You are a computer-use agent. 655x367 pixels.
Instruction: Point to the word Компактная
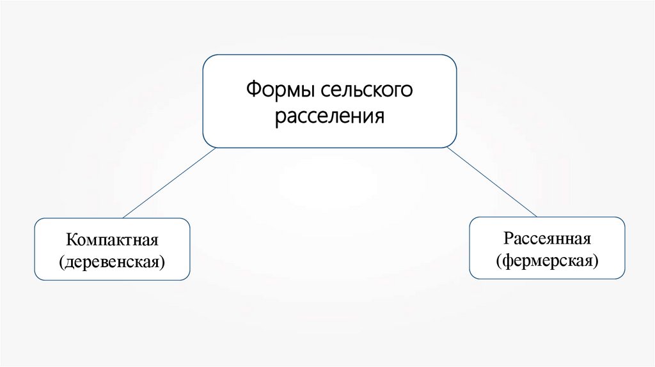coord(112,241)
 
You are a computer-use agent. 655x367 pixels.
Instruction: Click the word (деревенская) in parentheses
coord(112,261)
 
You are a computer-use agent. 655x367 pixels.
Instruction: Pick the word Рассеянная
coord(546,240)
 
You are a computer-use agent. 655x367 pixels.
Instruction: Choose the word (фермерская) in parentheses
coord(547,260)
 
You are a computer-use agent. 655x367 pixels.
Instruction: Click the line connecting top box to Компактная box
coord(169,183)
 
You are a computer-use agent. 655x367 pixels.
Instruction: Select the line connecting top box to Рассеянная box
coord(491,182)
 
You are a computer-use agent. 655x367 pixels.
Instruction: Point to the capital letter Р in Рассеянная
coord(507,240)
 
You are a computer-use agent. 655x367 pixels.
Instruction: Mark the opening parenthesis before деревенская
coord(62,262)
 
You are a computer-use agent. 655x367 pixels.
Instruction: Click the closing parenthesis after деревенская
coord(162,262)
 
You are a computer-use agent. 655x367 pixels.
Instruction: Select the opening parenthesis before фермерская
coord(498,260)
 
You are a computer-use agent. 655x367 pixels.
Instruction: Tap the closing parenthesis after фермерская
coord(596,260)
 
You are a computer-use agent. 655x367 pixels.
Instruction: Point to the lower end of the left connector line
coord(123,217)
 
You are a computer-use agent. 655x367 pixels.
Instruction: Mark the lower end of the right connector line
coord(536,216)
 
